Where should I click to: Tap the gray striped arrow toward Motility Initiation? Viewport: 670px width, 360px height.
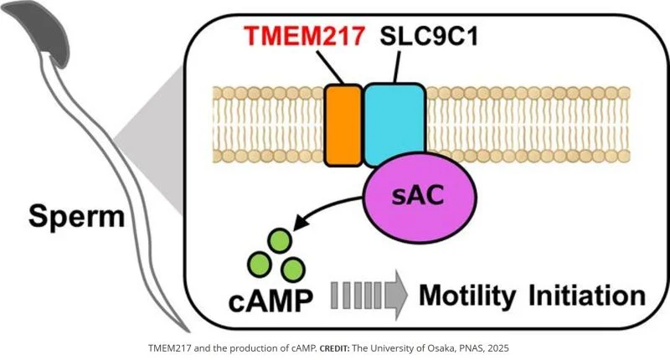368,295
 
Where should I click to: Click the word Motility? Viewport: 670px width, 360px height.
473,296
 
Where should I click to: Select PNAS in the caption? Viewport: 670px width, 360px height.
468,347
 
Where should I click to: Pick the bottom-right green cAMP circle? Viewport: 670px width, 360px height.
292,269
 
